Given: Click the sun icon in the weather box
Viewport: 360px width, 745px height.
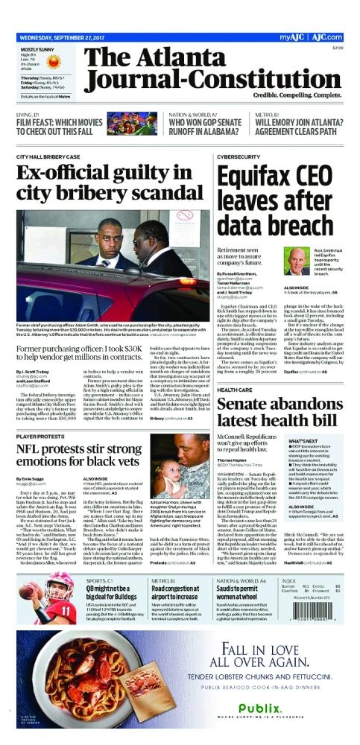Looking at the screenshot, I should click(70, 57).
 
